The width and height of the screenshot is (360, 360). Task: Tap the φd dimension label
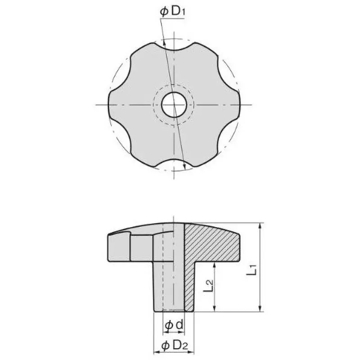(x=174, y=325)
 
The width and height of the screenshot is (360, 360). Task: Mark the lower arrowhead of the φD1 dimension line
(x=184, y=168)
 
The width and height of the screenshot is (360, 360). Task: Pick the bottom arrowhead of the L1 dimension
(x=260, y=309)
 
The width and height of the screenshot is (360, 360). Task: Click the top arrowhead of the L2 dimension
(x=215, y=264)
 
